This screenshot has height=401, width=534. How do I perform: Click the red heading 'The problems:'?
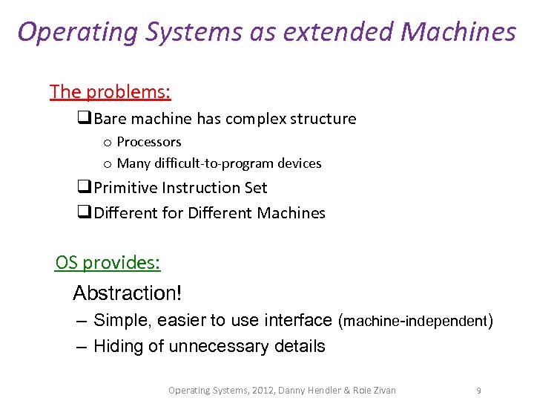point(110,92)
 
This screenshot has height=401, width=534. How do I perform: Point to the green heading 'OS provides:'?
point(108,262)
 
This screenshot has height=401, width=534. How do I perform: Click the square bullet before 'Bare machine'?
point(84,119)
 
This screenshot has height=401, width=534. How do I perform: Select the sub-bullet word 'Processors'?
point(149,142)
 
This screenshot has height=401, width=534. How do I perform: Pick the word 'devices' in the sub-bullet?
point(298,163)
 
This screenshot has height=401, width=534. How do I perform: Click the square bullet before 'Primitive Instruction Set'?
point(84,188)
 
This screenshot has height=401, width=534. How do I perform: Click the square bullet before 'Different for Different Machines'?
point(84,213)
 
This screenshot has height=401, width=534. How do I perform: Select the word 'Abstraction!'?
point(127,293)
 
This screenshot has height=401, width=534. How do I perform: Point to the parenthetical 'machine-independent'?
point(414,322)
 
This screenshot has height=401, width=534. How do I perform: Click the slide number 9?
point(478,390)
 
